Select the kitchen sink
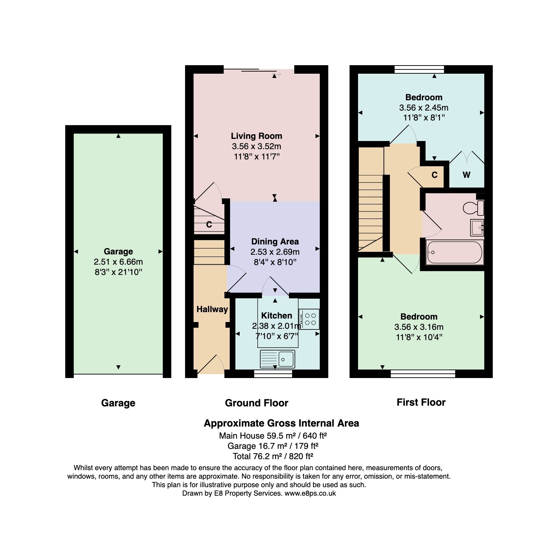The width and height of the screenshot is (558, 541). tap(278, 359)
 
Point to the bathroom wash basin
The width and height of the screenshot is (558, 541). tap(477, 227)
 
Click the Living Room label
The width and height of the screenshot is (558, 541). tap(257, 136)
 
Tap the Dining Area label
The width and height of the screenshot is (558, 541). tap(275, 242)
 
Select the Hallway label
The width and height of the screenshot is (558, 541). tap(212, 309)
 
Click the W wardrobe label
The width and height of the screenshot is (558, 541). tap(467, 175)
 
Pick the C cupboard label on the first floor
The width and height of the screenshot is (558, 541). tap(435, 175)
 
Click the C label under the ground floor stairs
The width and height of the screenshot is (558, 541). tap(209, 225)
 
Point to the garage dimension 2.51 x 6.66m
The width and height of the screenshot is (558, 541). tap(118, 262)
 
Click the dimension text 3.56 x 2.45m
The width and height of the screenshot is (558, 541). tap(424, 108)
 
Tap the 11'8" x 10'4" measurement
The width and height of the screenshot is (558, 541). tap(419, 337)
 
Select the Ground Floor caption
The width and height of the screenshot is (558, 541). tap(257, 403)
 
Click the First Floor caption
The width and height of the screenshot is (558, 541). tap(421, 402)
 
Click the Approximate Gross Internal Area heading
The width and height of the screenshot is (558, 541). tap(281, 423)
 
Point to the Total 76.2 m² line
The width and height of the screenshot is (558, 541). tap(273, 456)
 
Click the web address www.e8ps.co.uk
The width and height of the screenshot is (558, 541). tap(311, 493)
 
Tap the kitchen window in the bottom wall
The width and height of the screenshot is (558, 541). tap(273, 374)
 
